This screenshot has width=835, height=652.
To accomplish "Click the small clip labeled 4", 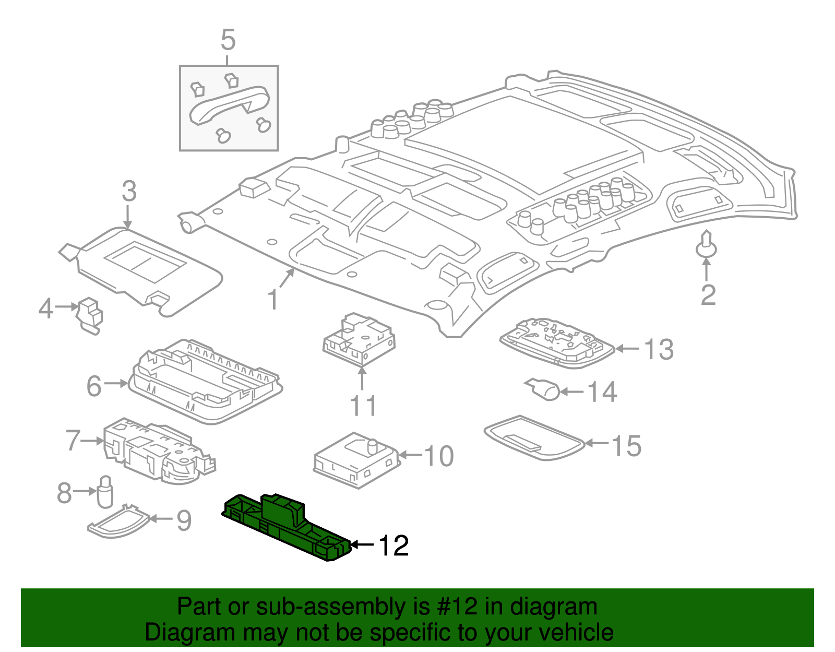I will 90,314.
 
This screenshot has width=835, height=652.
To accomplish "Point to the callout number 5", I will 228,40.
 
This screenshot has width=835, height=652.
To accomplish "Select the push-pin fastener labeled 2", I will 706,245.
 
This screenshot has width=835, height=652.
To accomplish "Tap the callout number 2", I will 708,295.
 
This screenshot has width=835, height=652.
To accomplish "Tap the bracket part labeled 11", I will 359,339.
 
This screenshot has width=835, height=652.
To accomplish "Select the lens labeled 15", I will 533,437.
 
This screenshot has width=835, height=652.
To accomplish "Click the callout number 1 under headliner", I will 272,300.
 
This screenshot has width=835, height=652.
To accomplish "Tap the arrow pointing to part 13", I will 628,349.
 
